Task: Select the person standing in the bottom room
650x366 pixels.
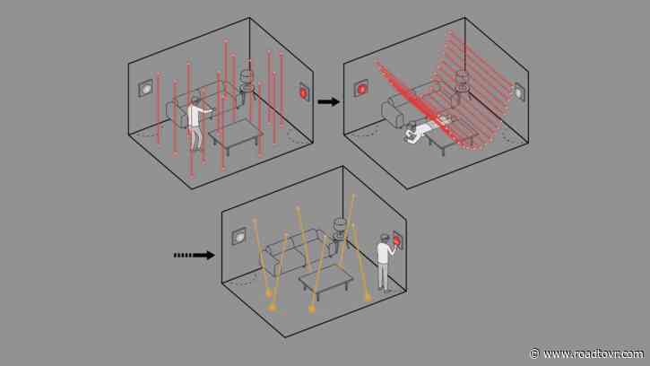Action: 384,261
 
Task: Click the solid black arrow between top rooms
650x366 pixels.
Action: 329,101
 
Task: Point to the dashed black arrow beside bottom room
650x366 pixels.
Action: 194,255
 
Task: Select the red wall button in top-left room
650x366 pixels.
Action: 303,91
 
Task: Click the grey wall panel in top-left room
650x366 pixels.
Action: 145,89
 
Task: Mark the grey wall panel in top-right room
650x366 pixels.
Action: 519,90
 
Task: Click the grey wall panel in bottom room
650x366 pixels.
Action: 240,236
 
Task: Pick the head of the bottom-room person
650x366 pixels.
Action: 382,239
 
